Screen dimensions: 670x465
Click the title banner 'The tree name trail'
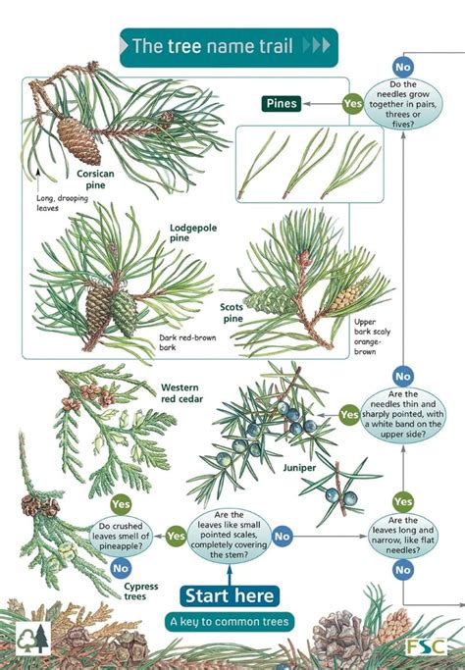pyautogui.click(x=228, y=46)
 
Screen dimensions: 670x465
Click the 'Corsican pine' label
pyautogui.click(x=97, y=178)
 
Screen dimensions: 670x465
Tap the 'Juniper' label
pyautogui.click(x=300, y=468)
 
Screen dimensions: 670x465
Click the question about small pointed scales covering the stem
pyautogui.click(x=229, y=535)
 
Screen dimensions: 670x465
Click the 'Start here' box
pyautogui.click(x=230, y=594)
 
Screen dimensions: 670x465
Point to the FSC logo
pyautogui.click(x=427, y=646)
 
